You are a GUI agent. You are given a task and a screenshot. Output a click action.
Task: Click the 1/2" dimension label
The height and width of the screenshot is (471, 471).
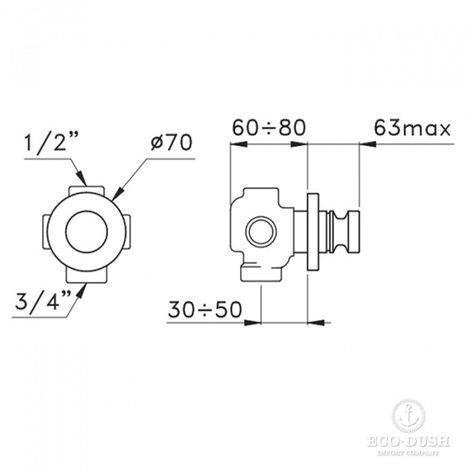(x=51, y=143)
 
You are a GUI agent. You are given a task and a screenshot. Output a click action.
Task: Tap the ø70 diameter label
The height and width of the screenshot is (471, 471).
(x=171, y=142)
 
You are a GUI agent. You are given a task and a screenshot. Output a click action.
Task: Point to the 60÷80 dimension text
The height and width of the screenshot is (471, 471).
(x=269, y=128)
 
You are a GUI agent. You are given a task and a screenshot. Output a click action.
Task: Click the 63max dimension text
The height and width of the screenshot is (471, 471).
(x=412, y=128)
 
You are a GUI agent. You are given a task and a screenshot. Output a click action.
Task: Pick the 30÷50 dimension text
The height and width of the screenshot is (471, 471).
(x=205, y=309)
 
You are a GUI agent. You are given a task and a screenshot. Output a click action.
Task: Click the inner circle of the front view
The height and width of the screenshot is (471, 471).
(x=86, y=232)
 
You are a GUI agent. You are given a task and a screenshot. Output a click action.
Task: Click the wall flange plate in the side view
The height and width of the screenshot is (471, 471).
(x=312, y=232)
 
